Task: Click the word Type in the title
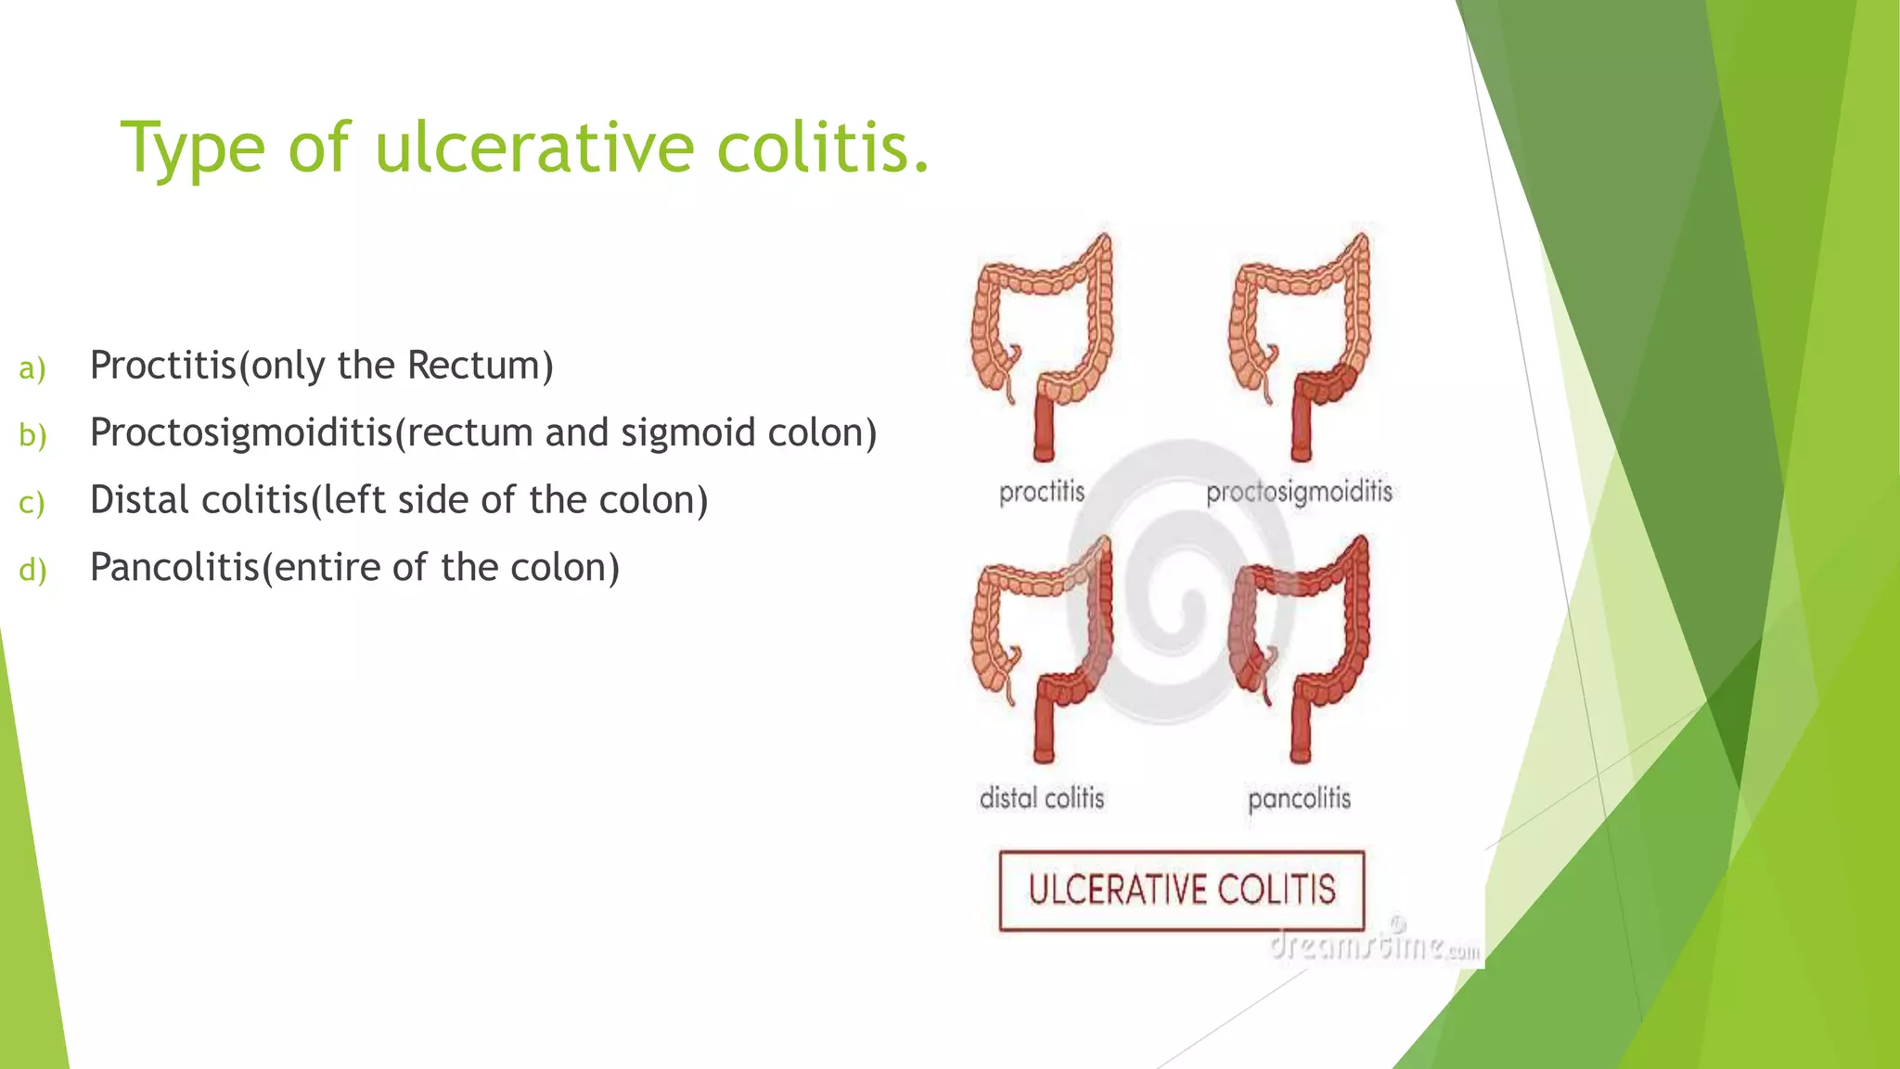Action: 193,148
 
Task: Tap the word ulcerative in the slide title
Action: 533,148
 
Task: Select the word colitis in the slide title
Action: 821,148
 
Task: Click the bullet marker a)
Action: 32,368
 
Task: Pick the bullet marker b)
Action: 32,435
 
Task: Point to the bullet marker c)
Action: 32,503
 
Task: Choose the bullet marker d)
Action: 32,570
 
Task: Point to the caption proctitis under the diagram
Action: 1042,492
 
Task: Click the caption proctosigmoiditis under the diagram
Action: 1299,492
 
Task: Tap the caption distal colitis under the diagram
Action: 1042,798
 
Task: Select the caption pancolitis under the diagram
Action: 1299,798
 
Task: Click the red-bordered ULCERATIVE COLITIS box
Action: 1181,890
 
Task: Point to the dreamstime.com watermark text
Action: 1373,947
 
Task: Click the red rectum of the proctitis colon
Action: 1045,429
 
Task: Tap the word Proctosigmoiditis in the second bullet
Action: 241,433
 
